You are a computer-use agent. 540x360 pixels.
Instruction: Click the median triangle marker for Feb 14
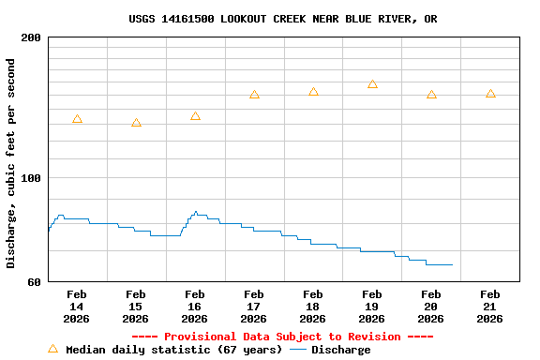coord(77,119)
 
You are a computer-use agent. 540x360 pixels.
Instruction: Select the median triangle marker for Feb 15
coord(136,123)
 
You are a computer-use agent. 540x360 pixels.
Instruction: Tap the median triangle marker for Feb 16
coord(195,116)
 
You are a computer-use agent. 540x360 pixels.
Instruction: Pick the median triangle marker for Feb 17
coord(254,95)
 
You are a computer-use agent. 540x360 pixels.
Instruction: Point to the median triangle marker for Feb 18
coord(313,92)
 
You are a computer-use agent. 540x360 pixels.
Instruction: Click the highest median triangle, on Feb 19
coord(372,84)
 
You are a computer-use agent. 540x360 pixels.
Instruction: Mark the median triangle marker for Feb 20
coord(431,95)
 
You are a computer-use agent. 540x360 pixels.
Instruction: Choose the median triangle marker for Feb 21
coord(490,94)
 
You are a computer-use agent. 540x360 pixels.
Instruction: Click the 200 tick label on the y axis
coord(31,37)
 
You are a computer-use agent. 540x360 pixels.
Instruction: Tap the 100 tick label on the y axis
coord(31,178)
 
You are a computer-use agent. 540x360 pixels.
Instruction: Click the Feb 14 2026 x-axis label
coord(77,307)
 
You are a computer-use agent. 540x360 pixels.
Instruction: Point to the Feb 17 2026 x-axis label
coord(254,307)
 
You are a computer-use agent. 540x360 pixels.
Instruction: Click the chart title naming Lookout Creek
coord(282,19)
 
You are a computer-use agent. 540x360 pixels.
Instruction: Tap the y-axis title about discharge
coord(11,163)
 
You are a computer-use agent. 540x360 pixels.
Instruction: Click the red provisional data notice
coord(282,337)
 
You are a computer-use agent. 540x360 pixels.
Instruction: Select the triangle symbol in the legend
coord(52,349)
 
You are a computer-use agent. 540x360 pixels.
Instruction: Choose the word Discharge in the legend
coord(340,350)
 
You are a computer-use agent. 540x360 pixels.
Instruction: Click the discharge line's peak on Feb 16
coord(196,212)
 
